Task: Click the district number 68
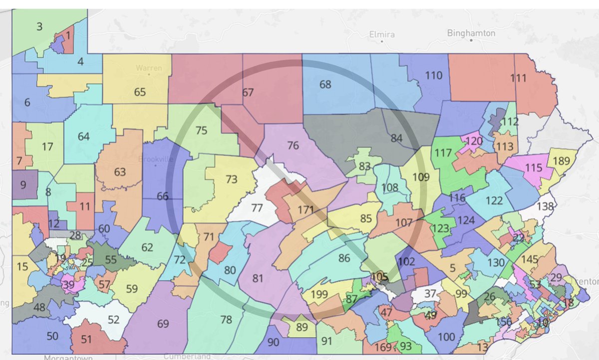[x=325, y=84]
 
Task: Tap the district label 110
[x=434, y=75]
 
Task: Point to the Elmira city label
[x=382, y=35]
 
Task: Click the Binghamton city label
[x=471, y=33]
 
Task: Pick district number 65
[x=140, y=92]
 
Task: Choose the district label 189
[x=562, y=161]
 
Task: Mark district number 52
[x=114, y=320]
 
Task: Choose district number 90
[x=273, y=343]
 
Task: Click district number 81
[x=257, y=278]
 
